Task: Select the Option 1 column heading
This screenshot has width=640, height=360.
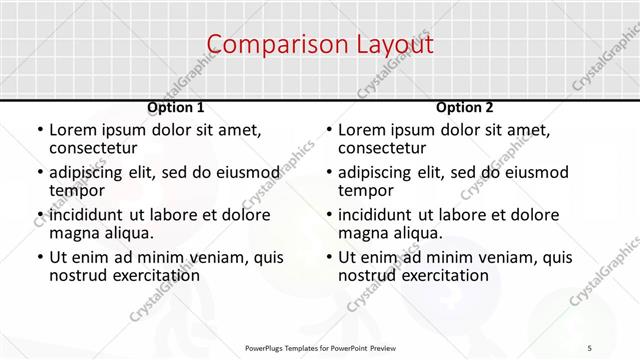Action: (176, 107)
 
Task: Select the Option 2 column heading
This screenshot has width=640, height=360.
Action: (465, 107)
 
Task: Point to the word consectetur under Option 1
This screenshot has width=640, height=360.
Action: (94, 148)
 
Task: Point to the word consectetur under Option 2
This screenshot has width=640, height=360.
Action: (383, 148)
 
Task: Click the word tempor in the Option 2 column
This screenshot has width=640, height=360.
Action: (366, 191)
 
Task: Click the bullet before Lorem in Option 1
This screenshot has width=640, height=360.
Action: (38, 130)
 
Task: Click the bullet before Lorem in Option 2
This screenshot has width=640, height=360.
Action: (327, 130)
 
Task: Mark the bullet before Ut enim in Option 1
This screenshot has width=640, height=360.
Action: (38, 257)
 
